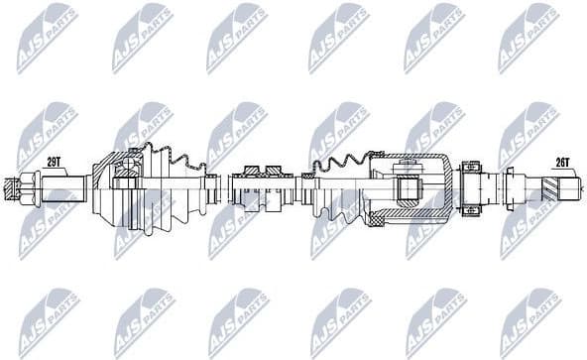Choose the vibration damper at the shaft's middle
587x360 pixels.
tap(262, 185)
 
